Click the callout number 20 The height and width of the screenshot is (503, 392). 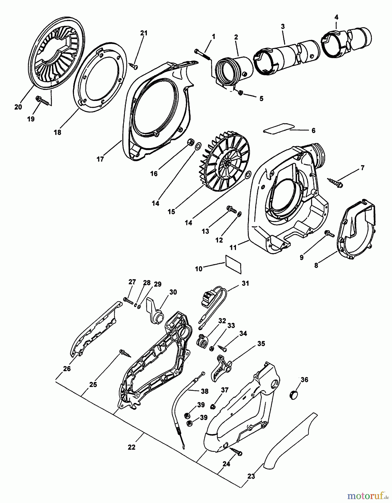click(18, 107)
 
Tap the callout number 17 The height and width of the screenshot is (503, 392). click(100, 159)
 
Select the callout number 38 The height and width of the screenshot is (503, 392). click(205, 392)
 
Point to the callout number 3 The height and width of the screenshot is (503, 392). click(283, 27)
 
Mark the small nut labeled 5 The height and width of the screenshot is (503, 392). click(240, 93)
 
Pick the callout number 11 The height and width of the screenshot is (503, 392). click(233, 248)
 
